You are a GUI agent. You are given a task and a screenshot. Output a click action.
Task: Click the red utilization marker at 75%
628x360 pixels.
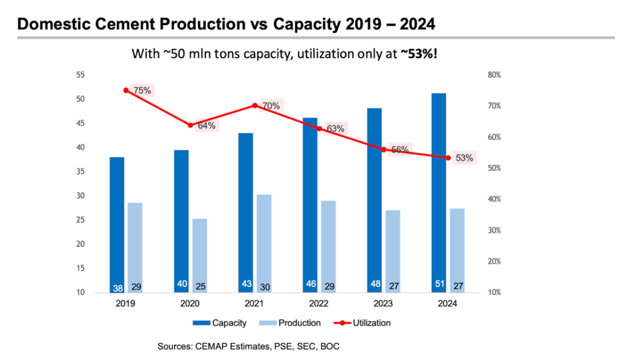pos(126,90)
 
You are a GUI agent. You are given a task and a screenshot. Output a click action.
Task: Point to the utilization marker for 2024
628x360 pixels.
pos(448,158)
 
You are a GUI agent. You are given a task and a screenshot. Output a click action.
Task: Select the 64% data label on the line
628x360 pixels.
pos(206,126)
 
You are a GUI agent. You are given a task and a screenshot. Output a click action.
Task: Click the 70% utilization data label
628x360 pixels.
pos(270,106)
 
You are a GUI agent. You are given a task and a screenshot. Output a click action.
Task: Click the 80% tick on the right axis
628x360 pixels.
pos(494,75)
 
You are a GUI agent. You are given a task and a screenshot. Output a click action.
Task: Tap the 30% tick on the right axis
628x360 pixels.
pos(494,231)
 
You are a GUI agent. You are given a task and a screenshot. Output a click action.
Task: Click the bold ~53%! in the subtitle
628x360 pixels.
pos(419,54)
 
